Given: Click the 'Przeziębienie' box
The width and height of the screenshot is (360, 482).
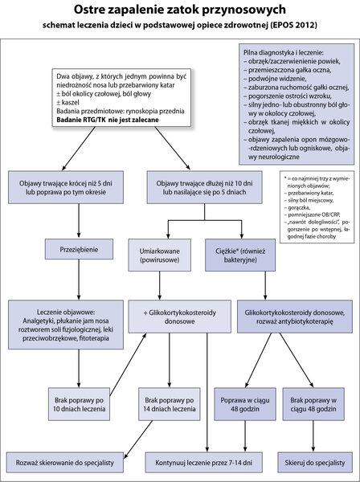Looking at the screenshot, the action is point(79,249).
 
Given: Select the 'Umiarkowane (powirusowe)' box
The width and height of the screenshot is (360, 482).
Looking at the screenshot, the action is point(160,255).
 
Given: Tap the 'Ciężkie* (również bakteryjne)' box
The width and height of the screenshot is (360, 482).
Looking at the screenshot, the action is point(240,255).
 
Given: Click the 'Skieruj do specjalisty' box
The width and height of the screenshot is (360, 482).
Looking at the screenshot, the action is point(315,463).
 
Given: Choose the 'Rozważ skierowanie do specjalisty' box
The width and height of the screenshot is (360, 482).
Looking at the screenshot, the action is point(65,463).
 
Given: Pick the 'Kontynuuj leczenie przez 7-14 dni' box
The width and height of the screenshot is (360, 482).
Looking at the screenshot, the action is point(204,463).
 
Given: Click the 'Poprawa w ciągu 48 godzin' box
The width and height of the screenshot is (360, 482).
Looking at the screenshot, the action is point(245,404).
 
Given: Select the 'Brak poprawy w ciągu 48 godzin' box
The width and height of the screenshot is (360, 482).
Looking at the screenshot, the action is point(313,404).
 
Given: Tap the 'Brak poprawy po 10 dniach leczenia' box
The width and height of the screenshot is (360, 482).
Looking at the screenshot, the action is point(79,404).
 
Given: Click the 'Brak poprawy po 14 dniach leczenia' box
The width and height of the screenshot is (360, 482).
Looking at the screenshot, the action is point(170,404).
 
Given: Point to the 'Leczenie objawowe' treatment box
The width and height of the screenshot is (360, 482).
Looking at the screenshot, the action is point(66,325).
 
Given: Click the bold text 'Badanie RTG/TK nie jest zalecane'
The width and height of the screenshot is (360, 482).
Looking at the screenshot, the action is point(108,120).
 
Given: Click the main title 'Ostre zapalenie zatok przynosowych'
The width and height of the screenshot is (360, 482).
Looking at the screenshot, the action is point(180,10).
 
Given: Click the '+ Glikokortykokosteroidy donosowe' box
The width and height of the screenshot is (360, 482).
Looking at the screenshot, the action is point(179,317).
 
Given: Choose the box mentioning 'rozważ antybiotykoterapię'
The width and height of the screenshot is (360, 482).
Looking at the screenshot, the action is point(295,317).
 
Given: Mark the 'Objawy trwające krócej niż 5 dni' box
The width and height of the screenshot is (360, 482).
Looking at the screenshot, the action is point(66,187).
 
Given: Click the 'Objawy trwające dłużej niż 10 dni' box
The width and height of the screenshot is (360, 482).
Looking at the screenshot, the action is point(204,187).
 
